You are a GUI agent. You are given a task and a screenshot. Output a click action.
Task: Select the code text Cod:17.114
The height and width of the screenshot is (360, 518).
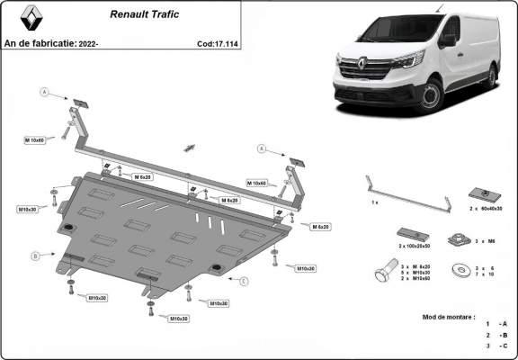click(x=217, y=42)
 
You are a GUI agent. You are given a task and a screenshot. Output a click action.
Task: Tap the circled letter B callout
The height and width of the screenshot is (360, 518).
click(x=36, y=256)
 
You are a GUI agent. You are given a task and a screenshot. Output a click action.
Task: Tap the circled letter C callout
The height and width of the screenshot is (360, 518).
click(x=243, y=280)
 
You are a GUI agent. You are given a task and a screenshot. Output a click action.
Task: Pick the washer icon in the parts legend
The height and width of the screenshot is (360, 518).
click(x=460, y=266)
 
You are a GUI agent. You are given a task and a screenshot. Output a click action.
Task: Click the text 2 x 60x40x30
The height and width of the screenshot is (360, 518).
click(x=485, y=208)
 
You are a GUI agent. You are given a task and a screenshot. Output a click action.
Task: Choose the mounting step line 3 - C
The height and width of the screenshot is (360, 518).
click(x=496, y=346)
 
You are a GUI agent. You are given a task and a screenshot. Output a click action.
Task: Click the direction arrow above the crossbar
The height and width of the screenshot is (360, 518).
click(x=190, y=146)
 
